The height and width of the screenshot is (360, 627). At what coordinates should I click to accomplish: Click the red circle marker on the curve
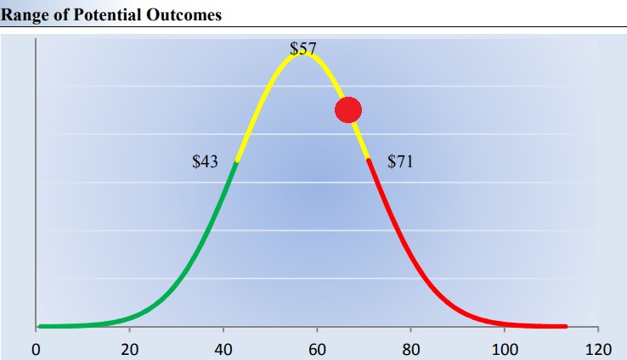tap(348, 110)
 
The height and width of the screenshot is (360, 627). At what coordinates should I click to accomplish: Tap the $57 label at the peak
tap(303, 48)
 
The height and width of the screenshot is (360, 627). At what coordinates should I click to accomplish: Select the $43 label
tap(206, 161)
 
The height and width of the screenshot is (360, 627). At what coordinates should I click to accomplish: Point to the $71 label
tap(400, 161)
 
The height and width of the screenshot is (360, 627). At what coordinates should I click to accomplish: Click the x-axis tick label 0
tap(36, 349)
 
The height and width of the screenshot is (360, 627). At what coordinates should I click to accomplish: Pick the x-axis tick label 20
tap(129, 349)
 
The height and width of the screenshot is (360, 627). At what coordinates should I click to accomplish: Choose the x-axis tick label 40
tap(223, 349)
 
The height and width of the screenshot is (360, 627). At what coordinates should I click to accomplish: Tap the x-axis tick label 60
tap(317, 349)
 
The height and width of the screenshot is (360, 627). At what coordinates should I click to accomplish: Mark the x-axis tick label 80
tap(411, 349)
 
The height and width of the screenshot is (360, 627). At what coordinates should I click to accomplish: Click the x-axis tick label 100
tap(505, 349)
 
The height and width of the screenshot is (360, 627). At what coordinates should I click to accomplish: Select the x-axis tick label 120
tap(598, 349)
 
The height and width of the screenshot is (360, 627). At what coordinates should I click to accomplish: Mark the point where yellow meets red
tap(369, 159)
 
